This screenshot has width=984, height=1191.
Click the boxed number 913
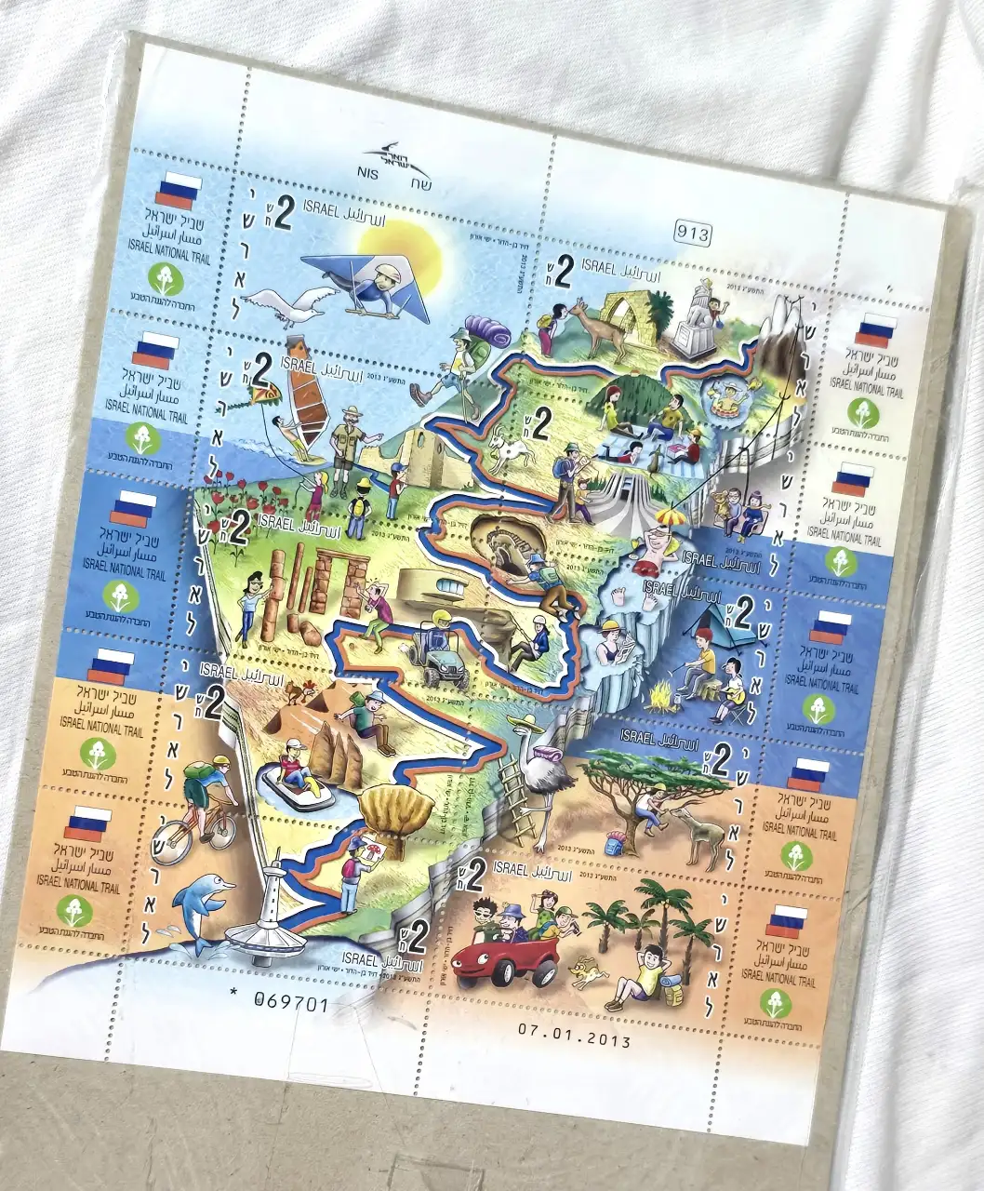[x=692, y=233]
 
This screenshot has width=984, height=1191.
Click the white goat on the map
[x=511, y=451]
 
